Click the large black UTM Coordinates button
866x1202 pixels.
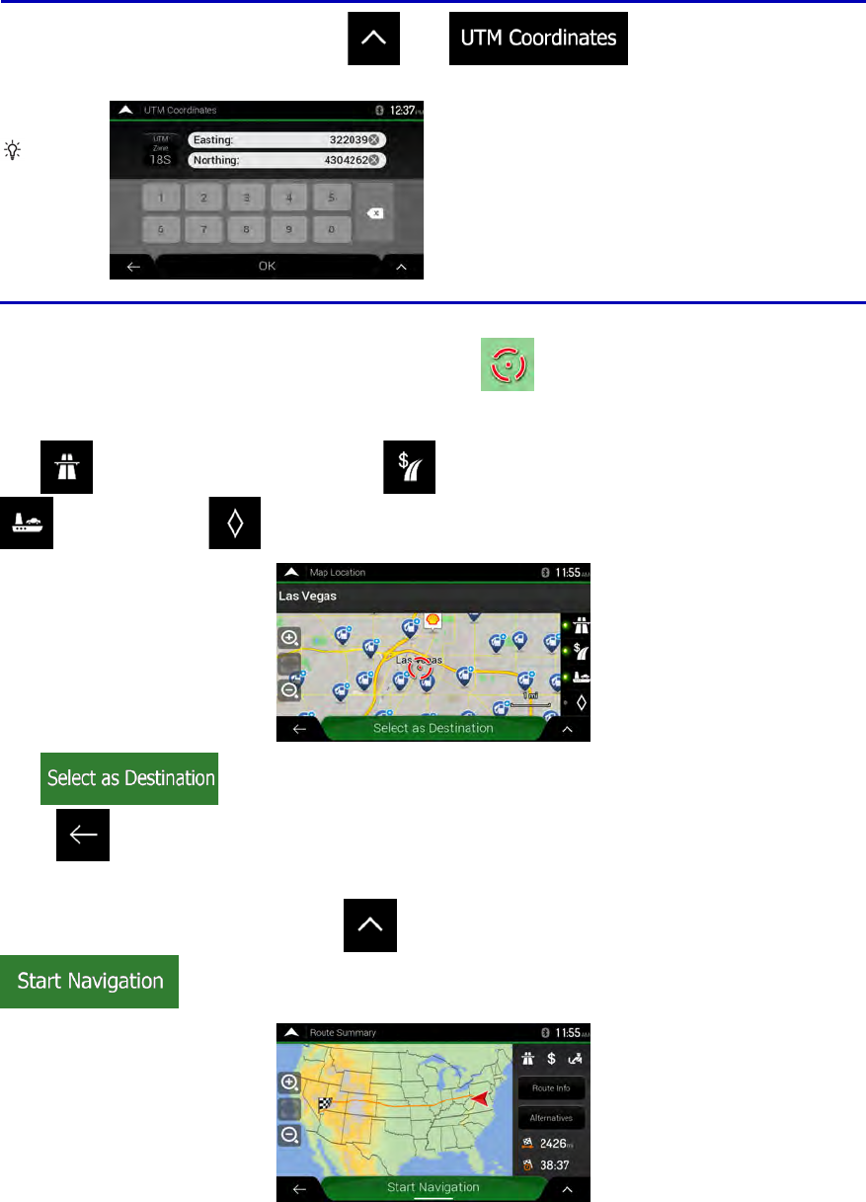(x=538, y=39)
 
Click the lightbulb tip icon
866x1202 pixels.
(x=13, y=150)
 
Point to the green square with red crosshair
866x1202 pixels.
(x=508, y=363)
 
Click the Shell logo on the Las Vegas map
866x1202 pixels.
(x=433, y=621)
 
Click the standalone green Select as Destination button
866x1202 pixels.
(x=128, y=778)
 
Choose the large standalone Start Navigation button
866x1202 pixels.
(x=90, y=982)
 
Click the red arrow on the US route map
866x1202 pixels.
(x=479, y=1098)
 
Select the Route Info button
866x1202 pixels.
(x=551, y=1088)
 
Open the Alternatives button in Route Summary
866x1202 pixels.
(x=551, y=1119)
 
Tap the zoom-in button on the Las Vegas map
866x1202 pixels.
(x=289, y=638)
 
